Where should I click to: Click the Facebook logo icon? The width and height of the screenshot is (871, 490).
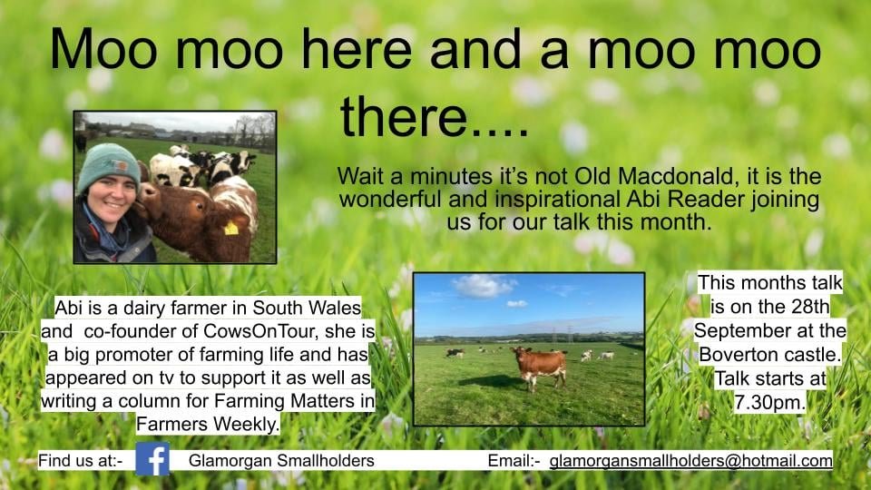tap(152, 459)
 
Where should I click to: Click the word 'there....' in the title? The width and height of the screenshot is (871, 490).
tap(434, 118)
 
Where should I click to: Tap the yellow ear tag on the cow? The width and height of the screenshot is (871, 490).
tap(230, 228)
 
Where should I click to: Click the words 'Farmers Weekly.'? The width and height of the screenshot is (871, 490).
tap(209, 424)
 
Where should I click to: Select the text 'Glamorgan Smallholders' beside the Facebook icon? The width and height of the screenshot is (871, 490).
tap(281, 461)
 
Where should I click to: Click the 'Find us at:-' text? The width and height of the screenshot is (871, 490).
tap(81, 461)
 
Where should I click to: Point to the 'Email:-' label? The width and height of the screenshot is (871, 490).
tap(514, 461)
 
